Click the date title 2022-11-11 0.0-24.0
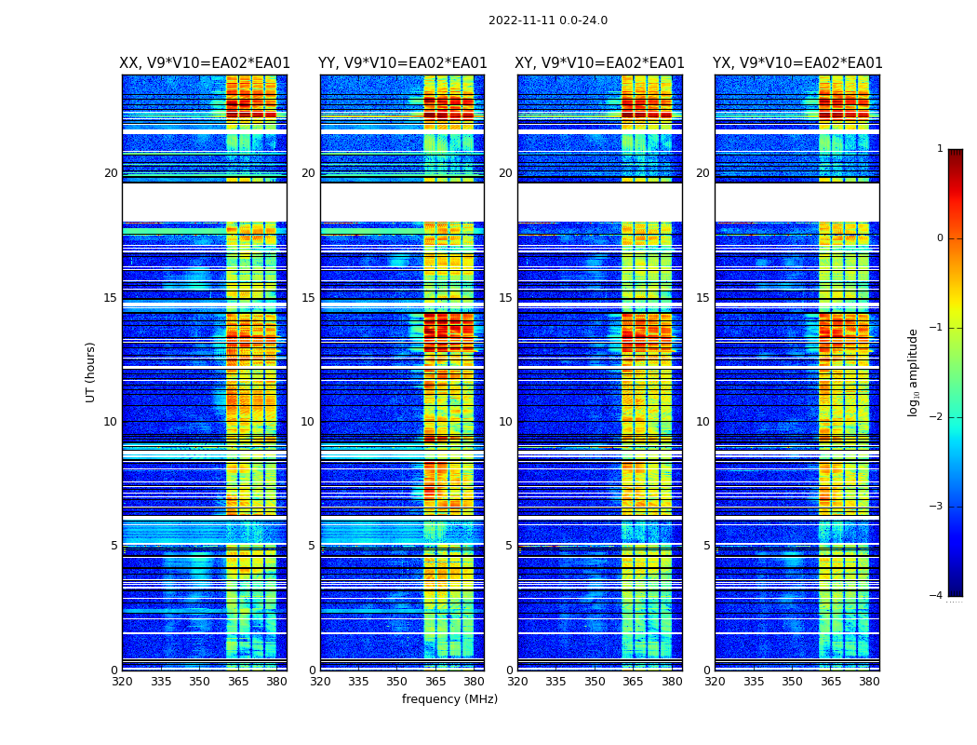tap(547, 20)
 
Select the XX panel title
tap(205, 63)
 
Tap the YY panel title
tap(402, 63)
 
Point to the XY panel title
tap(600, 63)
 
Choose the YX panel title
tap(797, 63)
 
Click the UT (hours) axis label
tap(90, 372)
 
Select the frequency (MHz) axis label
tap(449, 699)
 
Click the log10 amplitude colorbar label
tap(913, 372)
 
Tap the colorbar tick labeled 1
tap(940, 149)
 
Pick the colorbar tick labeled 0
tap(940, 238)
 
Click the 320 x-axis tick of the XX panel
tap(122, 682)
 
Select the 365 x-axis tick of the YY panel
tap(435, 682)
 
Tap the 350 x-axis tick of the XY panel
tap(595, 682)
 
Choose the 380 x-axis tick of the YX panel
tap(869, 682)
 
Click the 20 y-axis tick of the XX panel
tap(111, 173)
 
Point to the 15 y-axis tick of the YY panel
tap(308, 298)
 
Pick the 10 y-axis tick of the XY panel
tap(505, 422)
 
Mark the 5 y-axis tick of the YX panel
tap(706, 546)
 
